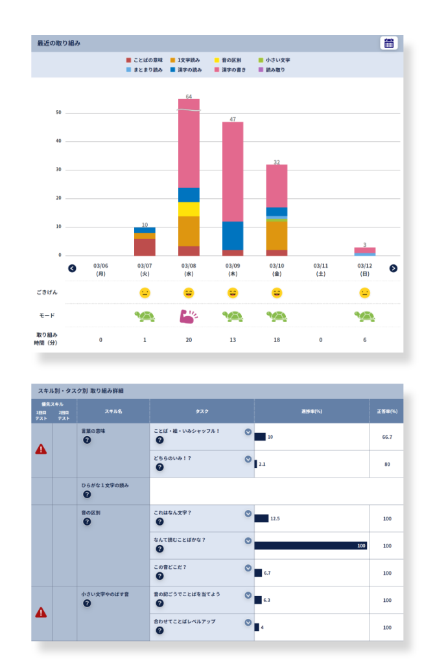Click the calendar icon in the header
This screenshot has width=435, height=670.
coord(389,43)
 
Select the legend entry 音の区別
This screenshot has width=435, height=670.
coord(229,60)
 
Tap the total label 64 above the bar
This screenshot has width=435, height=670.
coord(189,97)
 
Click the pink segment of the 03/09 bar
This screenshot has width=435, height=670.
coord(233,172)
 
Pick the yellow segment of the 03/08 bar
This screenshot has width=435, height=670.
coord(189,209)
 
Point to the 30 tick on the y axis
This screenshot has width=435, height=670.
coord(58,170)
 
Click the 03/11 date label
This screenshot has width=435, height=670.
coord(321,269)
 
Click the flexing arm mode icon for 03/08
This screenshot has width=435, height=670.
coord(189,316)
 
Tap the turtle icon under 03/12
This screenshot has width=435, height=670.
coord(365,316)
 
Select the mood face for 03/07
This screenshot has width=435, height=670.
coord(145,293)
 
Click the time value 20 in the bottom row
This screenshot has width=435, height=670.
coord(189,340)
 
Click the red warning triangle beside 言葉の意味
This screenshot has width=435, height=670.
coord(41,449)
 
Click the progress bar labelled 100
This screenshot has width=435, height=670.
coord(311,546)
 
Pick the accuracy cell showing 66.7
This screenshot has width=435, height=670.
coord(386,437)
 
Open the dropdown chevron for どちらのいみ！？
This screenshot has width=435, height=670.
coord(248,459)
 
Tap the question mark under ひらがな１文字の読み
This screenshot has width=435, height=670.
coord(87,494)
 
